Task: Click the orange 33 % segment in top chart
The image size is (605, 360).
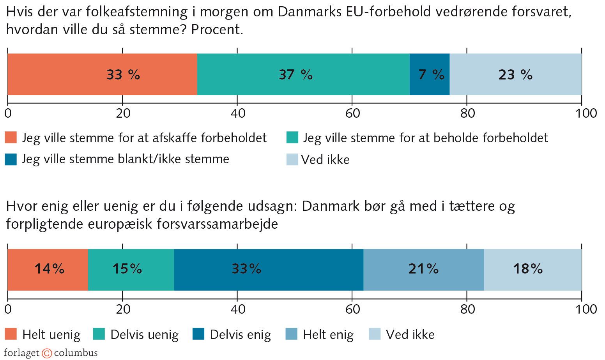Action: click(102, 74)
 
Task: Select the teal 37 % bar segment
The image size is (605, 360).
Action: click(303, 74)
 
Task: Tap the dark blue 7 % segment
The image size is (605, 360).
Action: click(430, 74)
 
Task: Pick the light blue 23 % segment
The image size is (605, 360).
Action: click(515, 74)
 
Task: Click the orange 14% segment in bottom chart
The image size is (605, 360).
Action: click(48, 269)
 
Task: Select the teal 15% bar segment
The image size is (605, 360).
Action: click(131, 269)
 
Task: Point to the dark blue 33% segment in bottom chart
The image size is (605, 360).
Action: click(269, 269)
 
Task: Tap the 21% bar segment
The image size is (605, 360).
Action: click(424, 269)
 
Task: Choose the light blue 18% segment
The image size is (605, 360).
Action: click(532, 269)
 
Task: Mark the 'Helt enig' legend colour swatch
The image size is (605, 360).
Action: click(291, 334)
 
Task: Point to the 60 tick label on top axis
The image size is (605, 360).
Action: click(352, 113)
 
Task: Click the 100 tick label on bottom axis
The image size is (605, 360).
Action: click(585, 309)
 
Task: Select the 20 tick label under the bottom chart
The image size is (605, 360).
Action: click(123, 309)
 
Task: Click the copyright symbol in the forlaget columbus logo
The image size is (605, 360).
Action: click(47, 353)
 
